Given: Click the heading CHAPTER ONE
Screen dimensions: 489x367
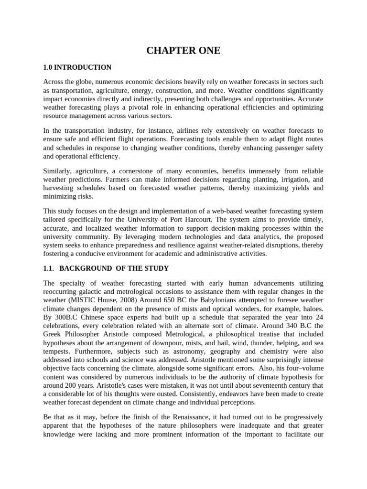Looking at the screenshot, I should (183, 51).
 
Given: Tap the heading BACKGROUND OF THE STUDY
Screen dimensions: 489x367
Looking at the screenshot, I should (116, 268).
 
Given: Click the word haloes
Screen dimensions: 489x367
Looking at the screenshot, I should (312, 308).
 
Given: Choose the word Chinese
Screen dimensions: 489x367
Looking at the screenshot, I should (97, 317).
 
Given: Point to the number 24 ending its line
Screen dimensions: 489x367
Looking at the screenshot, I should (319, 317).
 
